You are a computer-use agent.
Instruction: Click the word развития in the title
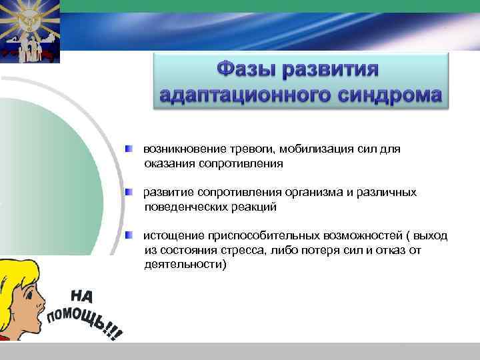coord(339,70)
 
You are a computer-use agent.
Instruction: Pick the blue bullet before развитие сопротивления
coord(130,192)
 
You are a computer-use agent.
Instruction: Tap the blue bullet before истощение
coord(130,235)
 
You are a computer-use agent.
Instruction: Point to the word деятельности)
coord(185,264)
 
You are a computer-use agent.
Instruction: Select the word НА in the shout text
coord(83,297)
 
